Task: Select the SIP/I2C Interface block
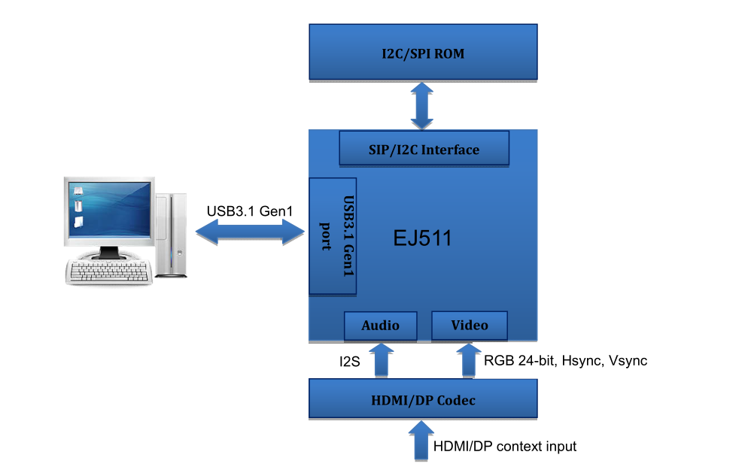point(424,149)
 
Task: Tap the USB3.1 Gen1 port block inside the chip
point(333,235)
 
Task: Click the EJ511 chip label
point(422,238)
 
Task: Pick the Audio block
point(380,326)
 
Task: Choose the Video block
point(470,325)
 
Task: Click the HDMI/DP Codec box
point(424,399)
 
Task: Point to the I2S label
point(349,362)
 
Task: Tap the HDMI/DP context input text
point(505,447)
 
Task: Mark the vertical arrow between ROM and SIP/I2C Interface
point(422,105)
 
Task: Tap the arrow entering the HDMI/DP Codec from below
point(420,440)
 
